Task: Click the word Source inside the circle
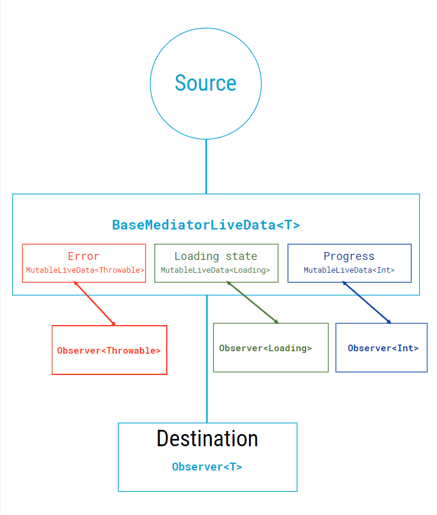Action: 205,83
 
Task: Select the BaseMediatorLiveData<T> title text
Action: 206,225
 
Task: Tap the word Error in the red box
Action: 83,256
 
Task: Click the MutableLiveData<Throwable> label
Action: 85,270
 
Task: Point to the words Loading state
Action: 215,256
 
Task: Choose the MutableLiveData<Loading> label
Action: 215,270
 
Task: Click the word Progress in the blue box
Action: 349,256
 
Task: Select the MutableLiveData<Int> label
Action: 349,270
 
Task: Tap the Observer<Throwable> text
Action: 109,351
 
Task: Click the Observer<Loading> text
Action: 265,348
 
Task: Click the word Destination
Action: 207,438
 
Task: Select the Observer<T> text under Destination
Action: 207,467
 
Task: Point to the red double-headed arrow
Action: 94,303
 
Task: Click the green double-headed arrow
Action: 252,302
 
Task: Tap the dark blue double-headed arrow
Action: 366,302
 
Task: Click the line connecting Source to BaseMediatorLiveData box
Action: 206,166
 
